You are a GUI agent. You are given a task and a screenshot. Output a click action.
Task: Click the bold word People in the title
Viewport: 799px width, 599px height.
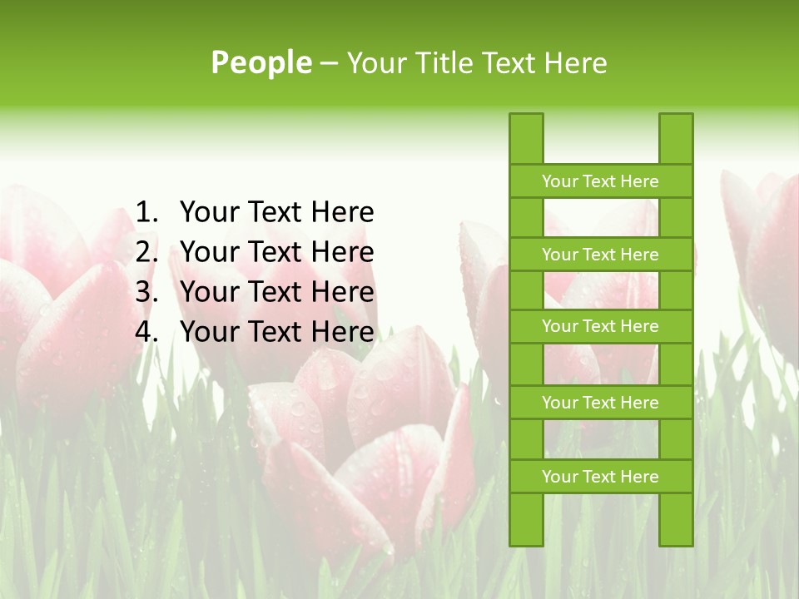tap(261, 62)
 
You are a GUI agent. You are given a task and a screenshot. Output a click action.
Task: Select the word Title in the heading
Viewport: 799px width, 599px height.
tap(442, 62)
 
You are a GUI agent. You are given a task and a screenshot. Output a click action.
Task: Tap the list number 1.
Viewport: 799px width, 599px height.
tap(146, 213)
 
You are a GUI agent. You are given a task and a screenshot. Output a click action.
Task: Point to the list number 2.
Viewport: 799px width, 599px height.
tap(146, 252)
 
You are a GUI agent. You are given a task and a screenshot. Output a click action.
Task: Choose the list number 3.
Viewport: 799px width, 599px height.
tap(146, 292)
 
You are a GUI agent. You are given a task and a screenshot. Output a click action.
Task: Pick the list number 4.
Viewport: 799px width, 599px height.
tap(146, 332)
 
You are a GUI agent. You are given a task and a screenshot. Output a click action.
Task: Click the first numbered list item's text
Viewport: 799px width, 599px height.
tap(276, 213)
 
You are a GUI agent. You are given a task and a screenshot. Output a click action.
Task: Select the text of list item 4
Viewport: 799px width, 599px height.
tap(276, 332)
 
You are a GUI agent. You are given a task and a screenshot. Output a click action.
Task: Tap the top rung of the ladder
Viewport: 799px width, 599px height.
tap(600, 181)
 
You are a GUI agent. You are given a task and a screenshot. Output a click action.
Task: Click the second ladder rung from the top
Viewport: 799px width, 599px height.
tap(600, 255)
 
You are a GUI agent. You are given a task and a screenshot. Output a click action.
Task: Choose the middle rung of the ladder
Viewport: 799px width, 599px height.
tap(600, 326)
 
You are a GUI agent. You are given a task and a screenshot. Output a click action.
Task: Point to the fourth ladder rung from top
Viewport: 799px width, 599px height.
tap(600, 403)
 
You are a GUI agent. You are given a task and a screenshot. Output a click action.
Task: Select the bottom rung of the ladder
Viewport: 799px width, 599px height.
tap(600, 477)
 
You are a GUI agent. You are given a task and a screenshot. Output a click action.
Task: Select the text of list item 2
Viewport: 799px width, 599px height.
tap(276, 252)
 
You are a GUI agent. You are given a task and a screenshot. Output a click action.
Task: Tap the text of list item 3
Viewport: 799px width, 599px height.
tap(276, 292)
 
